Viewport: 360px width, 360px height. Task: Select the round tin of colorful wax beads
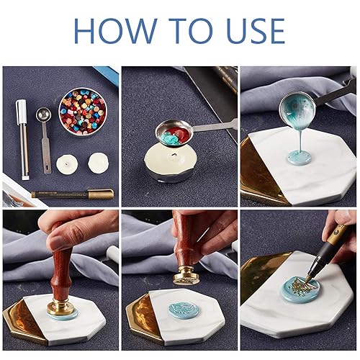click(x=82, y=112)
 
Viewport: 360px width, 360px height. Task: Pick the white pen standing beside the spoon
click(x=22, y=138)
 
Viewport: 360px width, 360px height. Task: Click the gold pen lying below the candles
click(x=72, y=193)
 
